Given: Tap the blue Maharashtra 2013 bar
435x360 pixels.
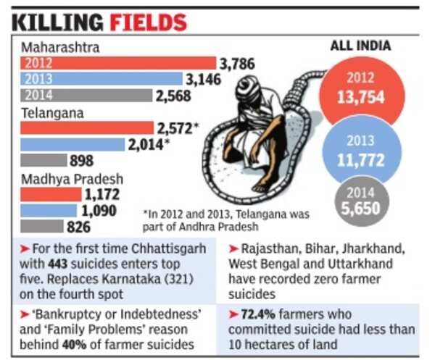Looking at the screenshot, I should coord(101,78).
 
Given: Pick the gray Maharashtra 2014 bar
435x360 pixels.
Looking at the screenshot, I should coord(86,94).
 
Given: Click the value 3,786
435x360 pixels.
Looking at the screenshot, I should coord(237,64).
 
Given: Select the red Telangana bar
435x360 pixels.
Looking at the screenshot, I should coord(86,127).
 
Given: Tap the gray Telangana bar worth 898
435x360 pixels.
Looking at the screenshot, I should coord(42,160).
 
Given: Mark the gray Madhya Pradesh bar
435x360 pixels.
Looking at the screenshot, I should coord(42,227).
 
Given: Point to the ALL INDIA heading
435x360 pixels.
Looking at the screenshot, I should coord(360,46).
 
